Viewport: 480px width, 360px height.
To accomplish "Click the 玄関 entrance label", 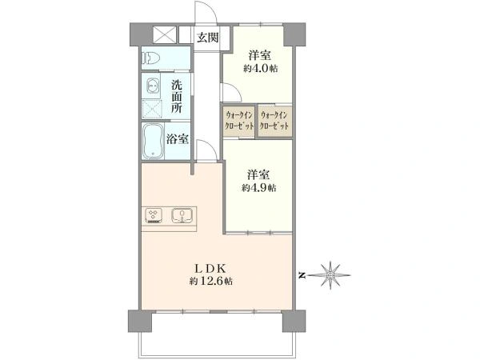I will point(208,37).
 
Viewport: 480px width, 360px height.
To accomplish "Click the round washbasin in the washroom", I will point(153,85).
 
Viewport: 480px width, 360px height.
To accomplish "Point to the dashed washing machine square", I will point(153,108).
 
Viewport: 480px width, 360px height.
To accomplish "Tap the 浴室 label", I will point(178,138).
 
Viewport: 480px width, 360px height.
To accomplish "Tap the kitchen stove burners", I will point(154,214).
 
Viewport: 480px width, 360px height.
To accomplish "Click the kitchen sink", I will point(183,214).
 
